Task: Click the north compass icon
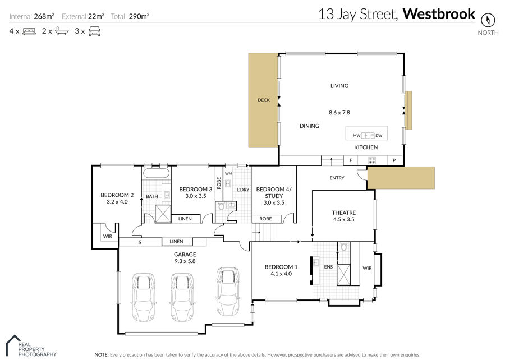pos(488,20)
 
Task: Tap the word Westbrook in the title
pos(439,14)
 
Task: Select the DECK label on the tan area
pos(264,100)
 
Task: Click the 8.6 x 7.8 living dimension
pos(339,113)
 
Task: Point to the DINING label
pos(309,126)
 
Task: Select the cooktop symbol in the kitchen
pos(372,160)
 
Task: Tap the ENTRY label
pos(337,178)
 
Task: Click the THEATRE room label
pos(343,213)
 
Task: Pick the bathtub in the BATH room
pos(156,173)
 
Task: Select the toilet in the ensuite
pos(343,247)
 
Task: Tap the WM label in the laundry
pos(228,174)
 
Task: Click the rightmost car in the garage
pos(228,291)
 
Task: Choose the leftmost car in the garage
pos(144,297)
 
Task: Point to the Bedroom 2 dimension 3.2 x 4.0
pos(117,202)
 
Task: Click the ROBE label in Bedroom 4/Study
pos(265,219)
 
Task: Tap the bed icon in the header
pos(29,31)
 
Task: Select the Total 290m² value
pos(139,16)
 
